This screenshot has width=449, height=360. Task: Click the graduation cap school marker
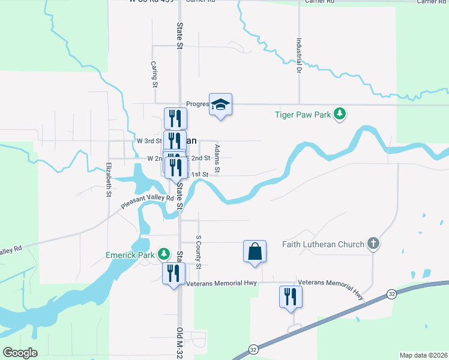[x=220, y=105]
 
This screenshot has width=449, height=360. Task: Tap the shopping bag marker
[x=255, y=251]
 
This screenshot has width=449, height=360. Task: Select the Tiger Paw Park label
[x=303, y=113]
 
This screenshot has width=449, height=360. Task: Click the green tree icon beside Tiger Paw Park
[x=340, y=113]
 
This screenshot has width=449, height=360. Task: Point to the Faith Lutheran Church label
[x=323, y=244]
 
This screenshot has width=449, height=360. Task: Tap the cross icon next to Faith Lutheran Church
[x=373, y=244]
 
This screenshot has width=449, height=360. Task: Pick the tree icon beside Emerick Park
[x=163, y=254]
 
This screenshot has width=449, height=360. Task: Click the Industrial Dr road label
[x=298, y=56]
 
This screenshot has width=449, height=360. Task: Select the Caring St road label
[x=154, y=74]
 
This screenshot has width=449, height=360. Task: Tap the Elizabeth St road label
[x=109, y=179]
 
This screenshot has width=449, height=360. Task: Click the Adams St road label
[x=217, y=159]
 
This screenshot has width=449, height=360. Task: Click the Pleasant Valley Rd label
[x=147, y=201]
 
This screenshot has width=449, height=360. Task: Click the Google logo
[x=20, y=352]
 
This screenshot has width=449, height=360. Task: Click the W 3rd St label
[x=149, y=140]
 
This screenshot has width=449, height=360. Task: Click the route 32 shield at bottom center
[x=253, y=349]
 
